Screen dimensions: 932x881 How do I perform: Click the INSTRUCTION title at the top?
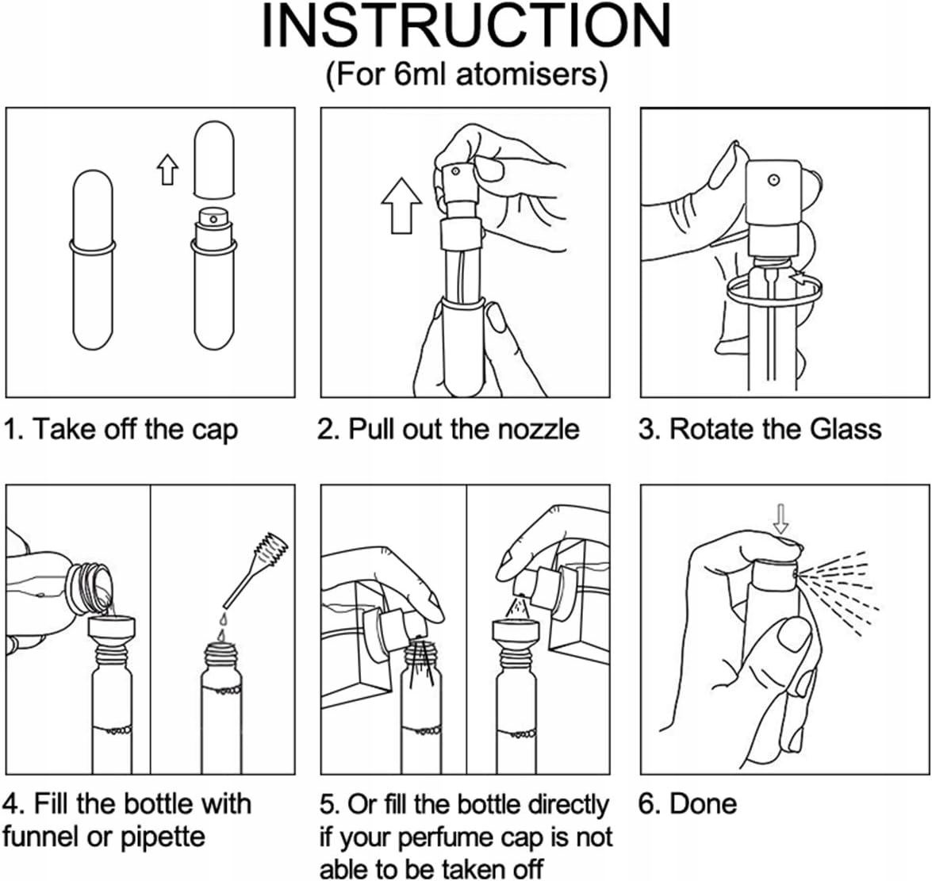pyautogui.click(x=466, y=27)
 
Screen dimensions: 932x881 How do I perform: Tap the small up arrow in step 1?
pyautogui.click(x=167, y=169)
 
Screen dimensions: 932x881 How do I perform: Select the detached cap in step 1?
pyautogui.click(x=215, y=159)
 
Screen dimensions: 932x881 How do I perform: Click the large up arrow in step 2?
pyautogui.click(x=402, y=205)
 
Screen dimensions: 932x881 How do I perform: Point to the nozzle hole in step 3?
pyautogui.click(x=773, y=179)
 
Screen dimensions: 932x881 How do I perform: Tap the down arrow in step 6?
pyautogui.click(x=781, y=519)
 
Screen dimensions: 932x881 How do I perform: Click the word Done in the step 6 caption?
pyautogui.click(x=703, y=804)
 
